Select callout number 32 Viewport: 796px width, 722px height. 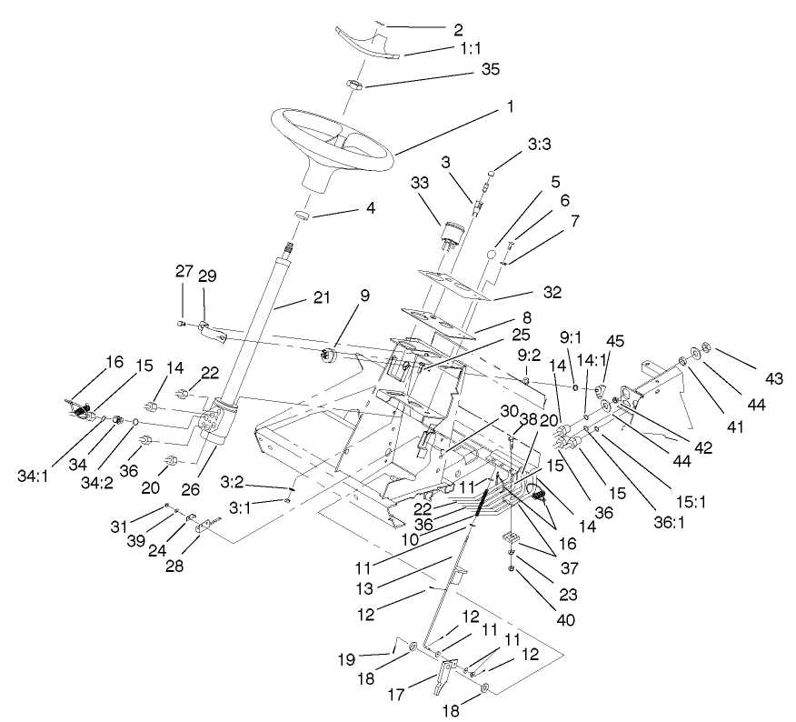[x=552, y=293]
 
